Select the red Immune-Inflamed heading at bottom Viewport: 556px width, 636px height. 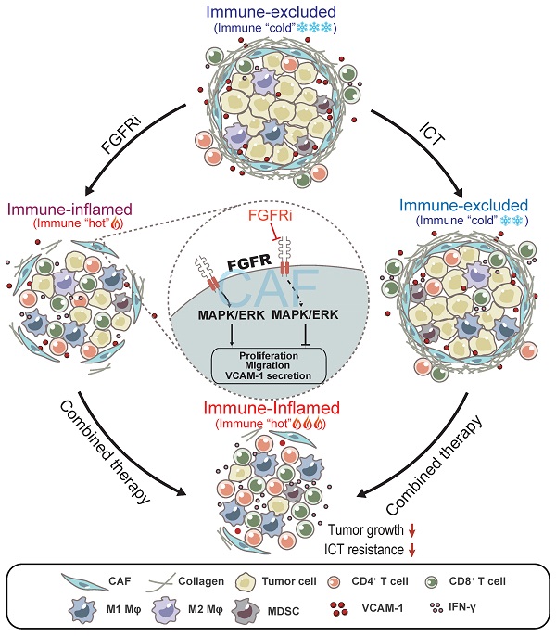coord(275,409)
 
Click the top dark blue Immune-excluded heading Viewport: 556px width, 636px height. coord(277,12)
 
